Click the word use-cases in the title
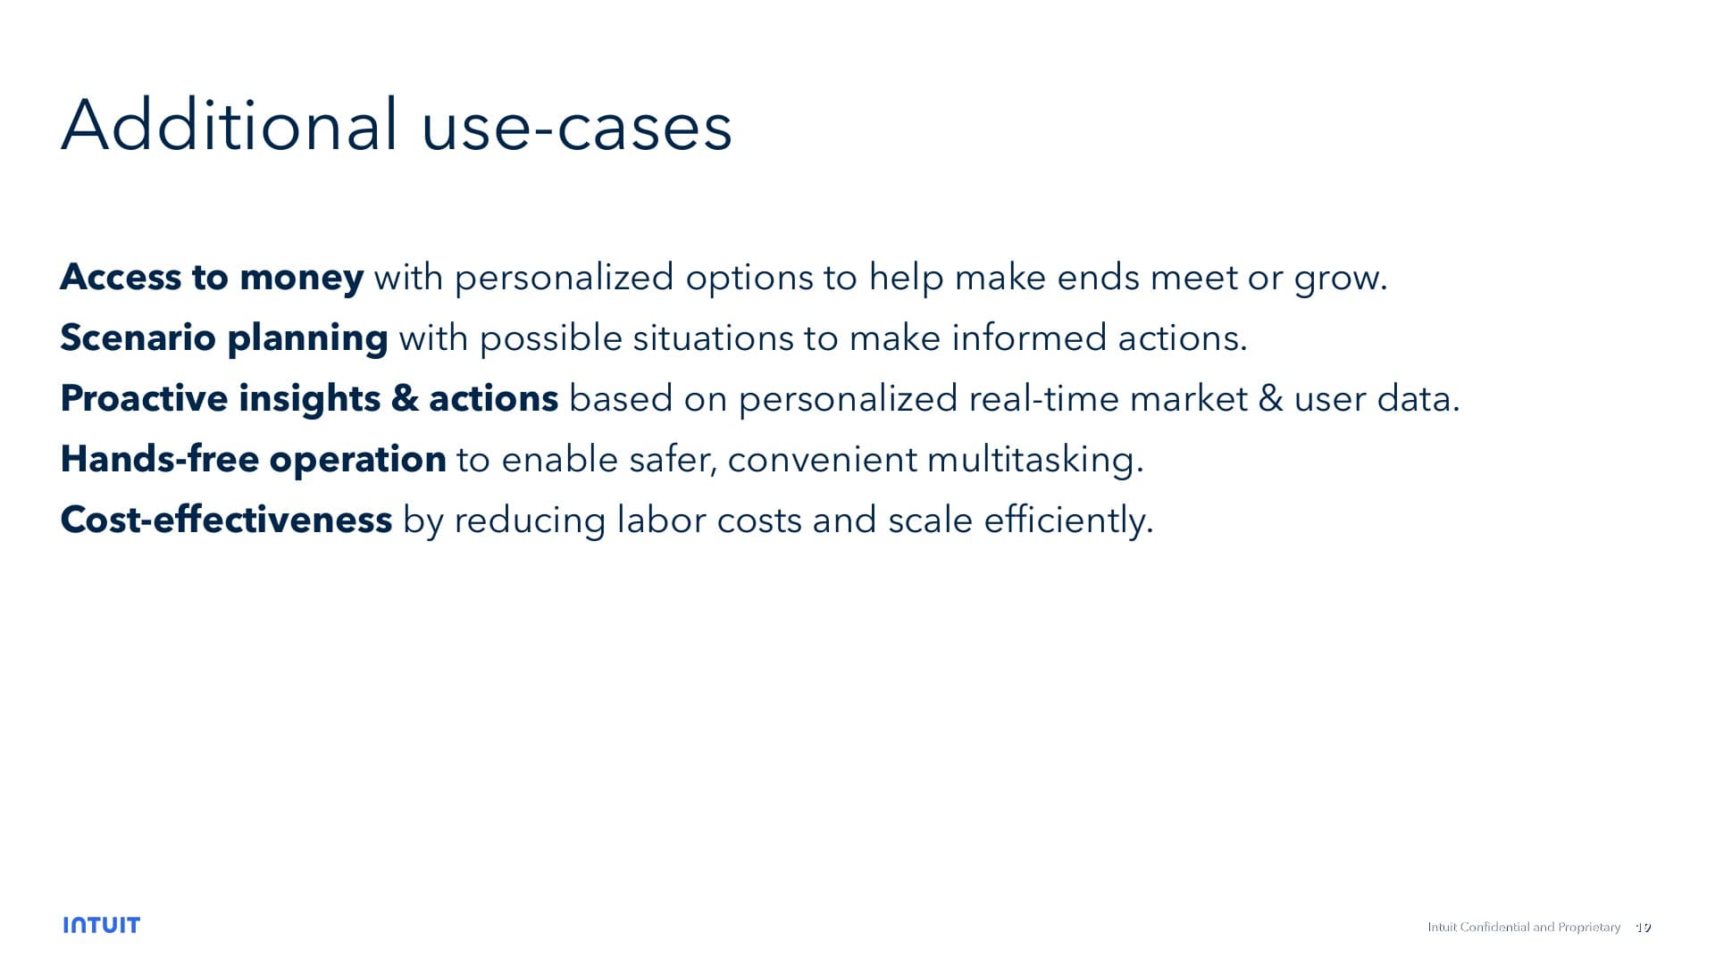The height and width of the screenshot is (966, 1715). tap(576, 127)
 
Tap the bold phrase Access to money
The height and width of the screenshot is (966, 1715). tap(212, 278)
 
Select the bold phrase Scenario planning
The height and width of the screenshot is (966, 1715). tap(223, 338)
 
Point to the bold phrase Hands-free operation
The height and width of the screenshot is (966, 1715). tap(253, 460)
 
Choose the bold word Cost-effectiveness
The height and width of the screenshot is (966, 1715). tap(226, 520)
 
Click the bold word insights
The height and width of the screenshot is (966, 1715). tap(309, 399)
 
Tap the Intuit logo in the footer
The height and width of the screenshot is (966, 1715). tap(102, 925)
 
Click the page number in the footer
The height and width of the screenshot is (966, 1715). tap(1643, 928)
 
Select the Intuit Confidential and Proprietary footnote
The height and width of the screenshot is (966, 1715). tap(1523, 928)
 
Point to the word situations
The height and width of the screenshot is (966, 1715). tap(712, 338)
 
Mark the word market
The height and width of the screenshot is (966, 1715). tap(1188, 399)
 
